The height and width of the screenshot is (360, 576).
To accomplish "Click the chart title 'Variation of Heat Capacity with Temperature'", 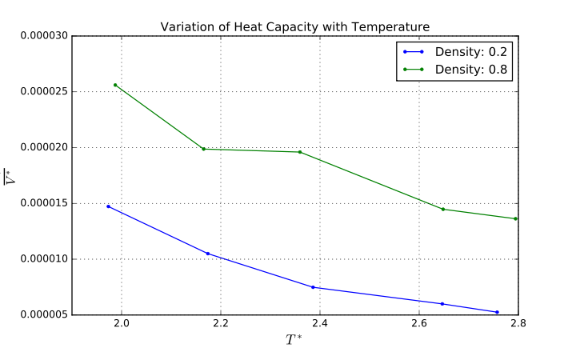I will (294, 27).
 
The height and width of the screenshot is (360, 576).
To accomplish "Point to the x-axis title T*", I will (294, 340).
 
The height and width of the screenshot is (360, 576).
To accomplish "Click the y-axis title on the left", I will (10, 175).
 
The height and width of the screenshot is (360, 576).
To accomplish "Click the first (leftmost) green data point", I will (115, 85).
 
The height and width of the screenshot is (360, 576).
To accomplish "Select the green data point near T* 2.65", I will (443, 209).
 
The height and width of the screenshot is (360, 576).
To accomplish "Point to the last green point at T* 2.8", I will (516, 218).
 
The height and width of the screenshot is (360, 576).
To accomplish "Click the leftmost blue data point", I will (108, 206).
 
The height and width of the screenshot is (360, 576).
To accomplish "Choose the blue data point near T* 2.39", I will (313, 287).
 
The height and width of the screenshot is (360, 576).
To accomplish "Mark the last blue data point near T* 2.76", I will (497, 312).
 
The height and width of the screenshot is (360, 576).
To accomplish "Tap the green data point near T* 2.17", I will (203, 149).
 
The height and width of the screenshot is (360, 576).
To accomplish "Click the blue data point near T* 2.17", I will (208, 254).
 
